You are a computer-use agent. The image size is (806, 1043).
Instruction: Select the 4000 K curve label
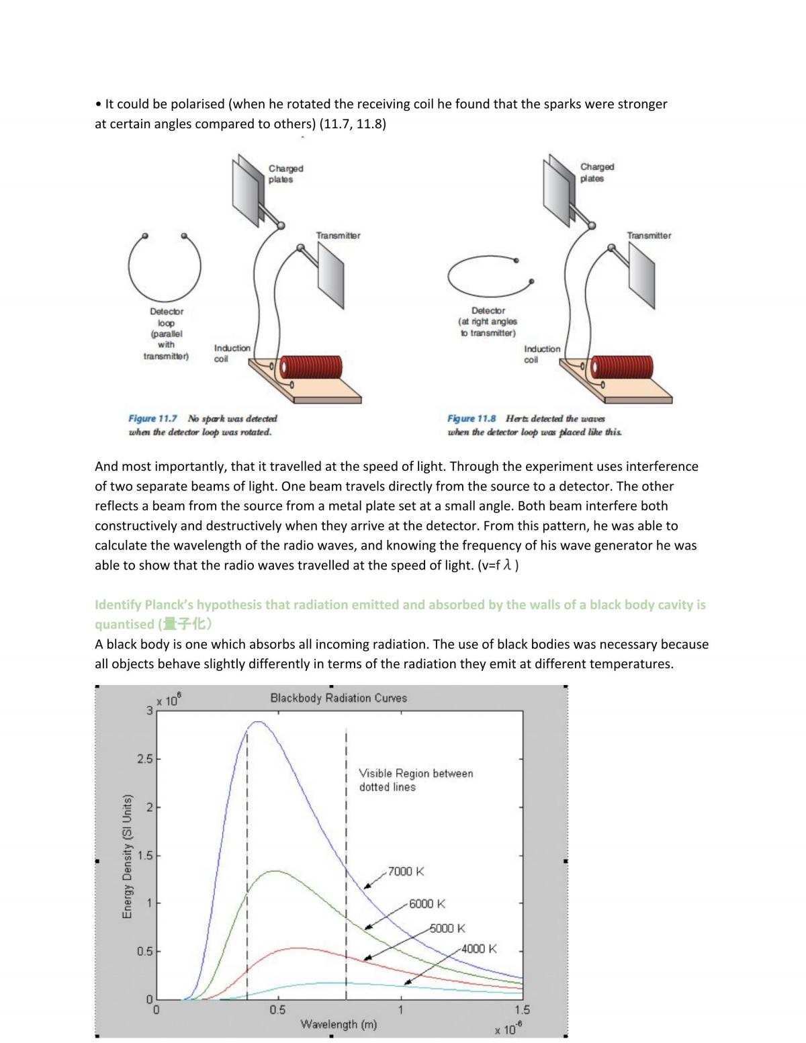click(x=479, y=949)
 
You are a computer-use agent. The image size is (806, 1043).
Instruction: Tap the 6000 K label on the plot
click(x=427, y=904)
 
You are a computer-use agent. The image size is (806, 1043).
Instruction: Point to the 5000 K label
click(x=447, y=928)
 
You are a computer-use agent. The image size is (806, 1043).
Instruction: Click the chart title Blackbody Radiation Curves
click(x=339, y=698)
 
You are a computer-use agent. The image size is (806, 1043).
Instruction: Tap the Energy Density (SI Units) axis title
click(x=127, y=857)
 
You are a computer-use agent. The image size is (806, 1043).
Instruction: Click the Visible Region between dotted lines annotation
click(x=416, y=780)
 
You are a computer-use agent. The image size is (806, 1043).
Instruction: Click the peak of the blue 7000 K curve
click(x=259, y=721)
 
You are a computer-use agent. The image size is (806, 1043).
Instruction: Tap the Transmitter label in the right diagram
click(x=649, y=236)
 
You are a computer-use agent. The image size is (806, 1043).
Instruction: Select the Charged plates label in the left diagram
click(x=285, y=174)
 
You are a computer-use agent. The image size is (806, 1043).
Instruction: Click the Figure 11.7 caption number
click(x=152, y=418)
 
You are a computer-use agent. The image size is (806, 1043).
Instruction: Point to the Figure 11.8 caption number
click(x=472, y=418)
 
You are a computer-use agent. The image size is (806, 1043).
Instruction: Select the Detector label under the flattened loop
click(x=488, y=311)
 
